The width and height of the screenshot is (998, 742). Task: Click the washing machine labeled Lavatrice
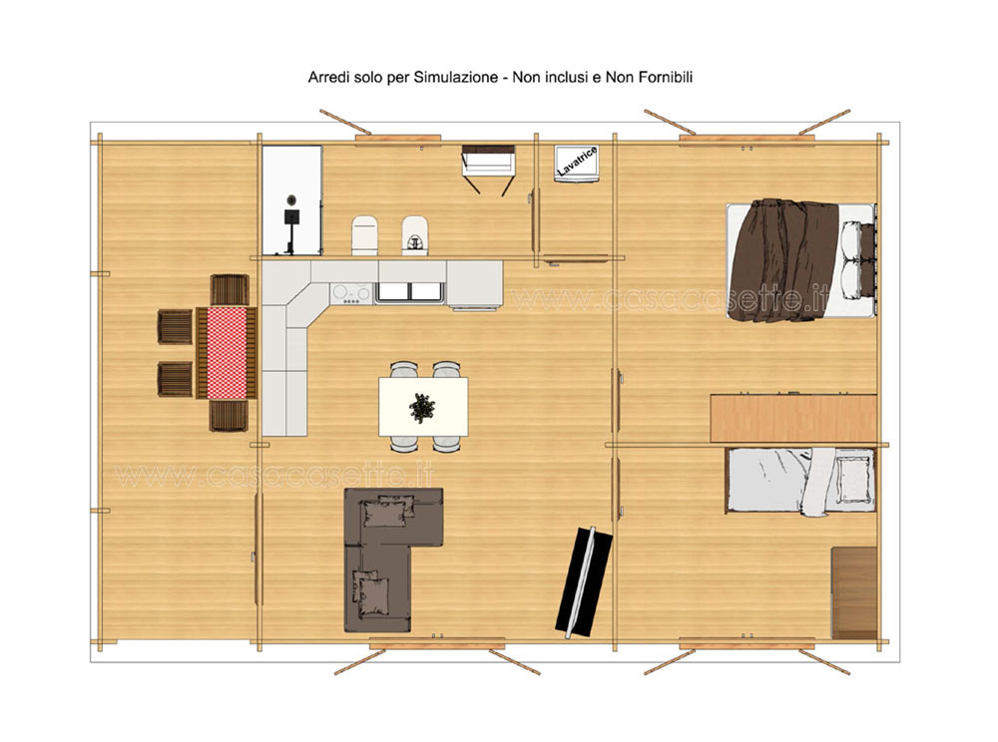[576, 164]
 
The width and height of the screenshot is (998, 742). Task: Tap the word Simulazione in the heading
[456, 78]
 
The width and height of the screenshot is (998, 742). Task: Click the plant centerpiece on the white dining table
[421, 408]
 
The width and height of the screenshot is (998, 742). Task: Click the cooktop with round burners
[350, 293]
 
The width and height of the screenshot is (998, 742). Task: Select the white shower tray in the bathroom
[292, 200]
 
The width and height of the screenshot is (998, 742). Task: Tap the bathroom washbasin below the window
[488, 162]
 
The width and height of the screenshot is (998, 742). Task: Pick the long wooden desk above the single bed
[793, 418]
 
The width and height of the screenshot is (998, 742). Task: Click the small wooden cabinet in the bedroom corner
[854, 592]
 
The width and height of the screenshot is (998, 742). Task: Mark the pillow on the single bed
[853, 479]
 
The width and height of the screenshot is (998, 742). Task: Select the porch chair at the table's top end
[230, 290]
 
